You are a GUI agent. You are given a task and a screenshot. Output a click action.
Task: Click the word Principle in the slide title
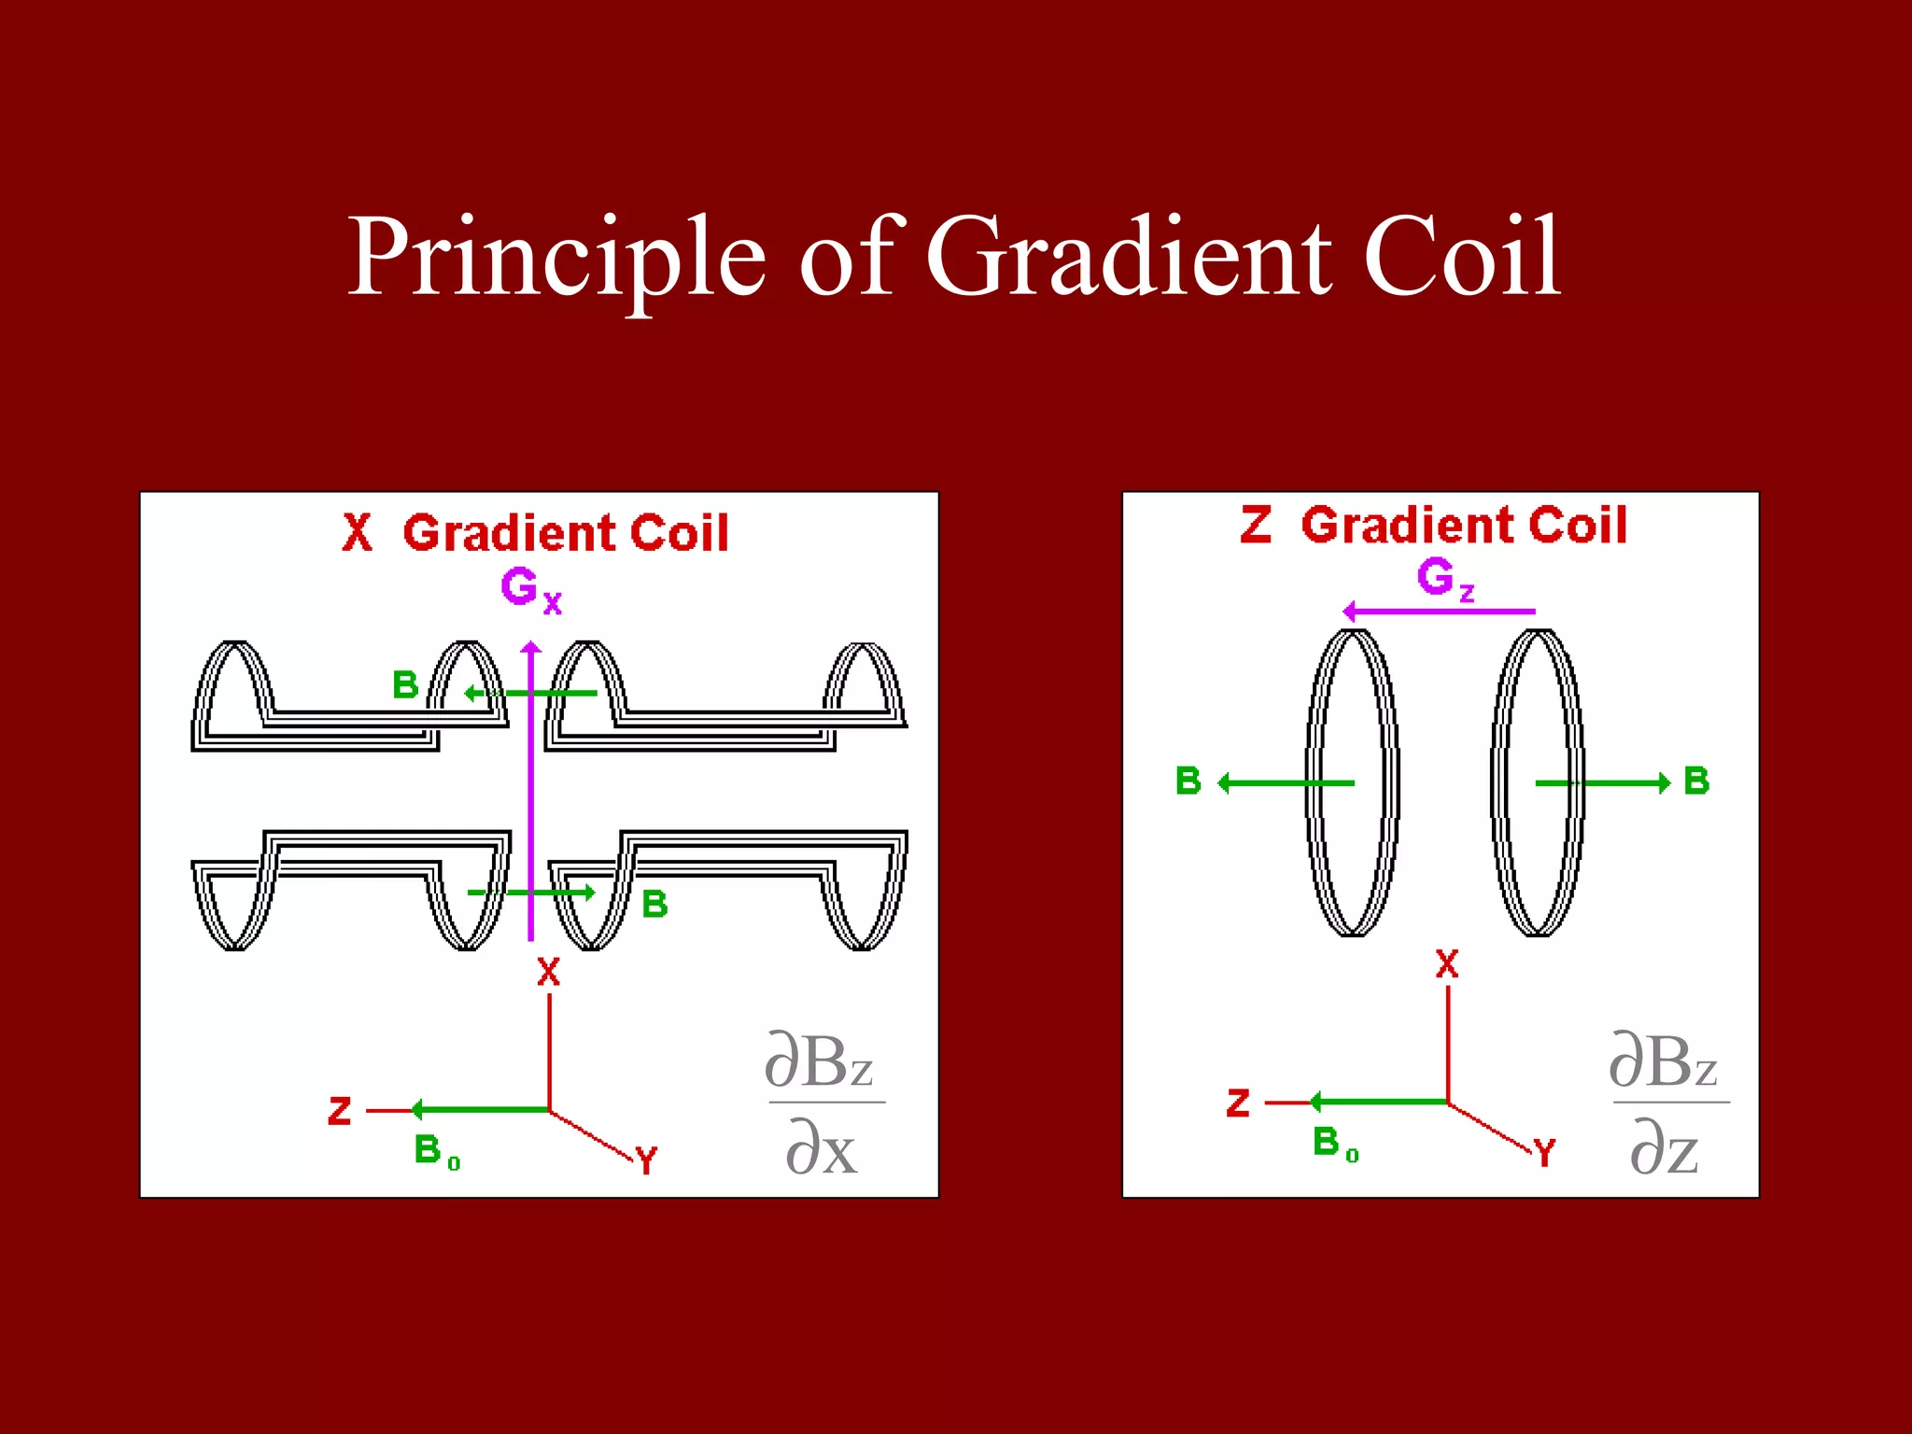(x=556, y=257)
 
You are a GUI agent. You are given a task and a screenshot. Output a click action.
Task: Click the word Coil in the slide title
(x=1461, y=257)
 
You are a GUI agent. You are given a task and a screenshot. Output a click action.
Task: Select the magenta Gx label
(x=530, y=590)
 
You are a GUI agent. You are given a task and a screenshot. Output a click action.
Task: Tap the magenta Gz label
(x=1444, y=579)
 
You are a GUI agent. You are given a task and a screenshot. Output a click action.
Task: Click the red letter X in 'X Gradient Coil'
(x=357, y=533)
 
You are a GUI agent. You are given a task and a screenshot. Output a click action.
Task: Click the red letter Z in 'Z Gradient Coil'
(x=1256, y=525)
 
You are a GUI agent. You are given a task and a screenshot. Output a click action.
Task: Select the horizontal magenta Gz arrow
(x=1439, y=612)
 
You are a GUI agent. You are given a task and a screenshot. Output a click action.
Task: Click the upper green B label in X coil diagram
(x=405, y=685)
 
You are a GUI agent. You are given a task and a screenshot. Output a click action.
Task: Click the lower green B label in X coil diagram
(x=654, y=904)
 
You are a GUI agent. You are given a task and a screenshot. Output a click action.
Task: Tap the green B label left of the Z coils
(x=1188, y=780)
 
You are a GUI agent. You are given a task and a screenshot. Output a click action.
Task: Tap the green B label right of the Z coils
(x=1696, y=780)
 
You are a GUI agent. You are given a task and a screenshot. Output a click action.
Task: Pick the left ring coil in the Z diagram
(x=1352, y=782)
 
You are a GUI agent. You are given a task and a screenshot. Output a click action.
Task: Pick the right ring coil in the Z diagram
(x=1537, y=782)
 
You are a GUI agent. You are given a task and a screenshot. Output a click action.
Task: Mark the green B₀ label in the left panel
(x=436, y=1151)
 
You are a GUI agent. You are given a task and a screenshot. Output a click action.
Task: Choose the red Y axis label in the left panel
(x=646, y=1160)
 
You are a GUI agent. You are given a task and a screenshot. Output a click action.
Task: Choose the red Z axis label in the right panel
(x=1238, y=1103)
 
